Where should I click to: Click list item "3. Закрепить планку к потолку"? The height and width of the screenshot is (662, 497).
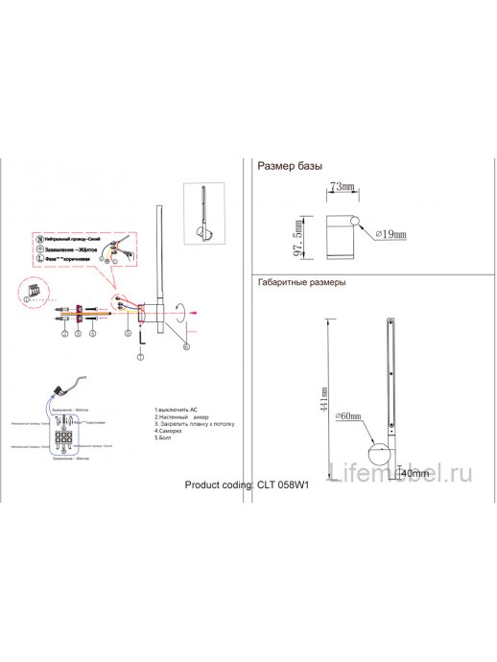point(194,423)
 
